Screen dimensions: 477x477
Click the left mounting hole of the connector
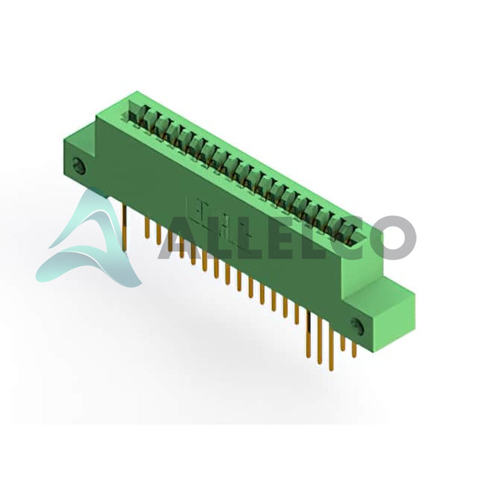tap(79, 166)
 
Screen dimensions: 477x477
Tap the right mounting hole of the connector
tap(357, 327)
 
